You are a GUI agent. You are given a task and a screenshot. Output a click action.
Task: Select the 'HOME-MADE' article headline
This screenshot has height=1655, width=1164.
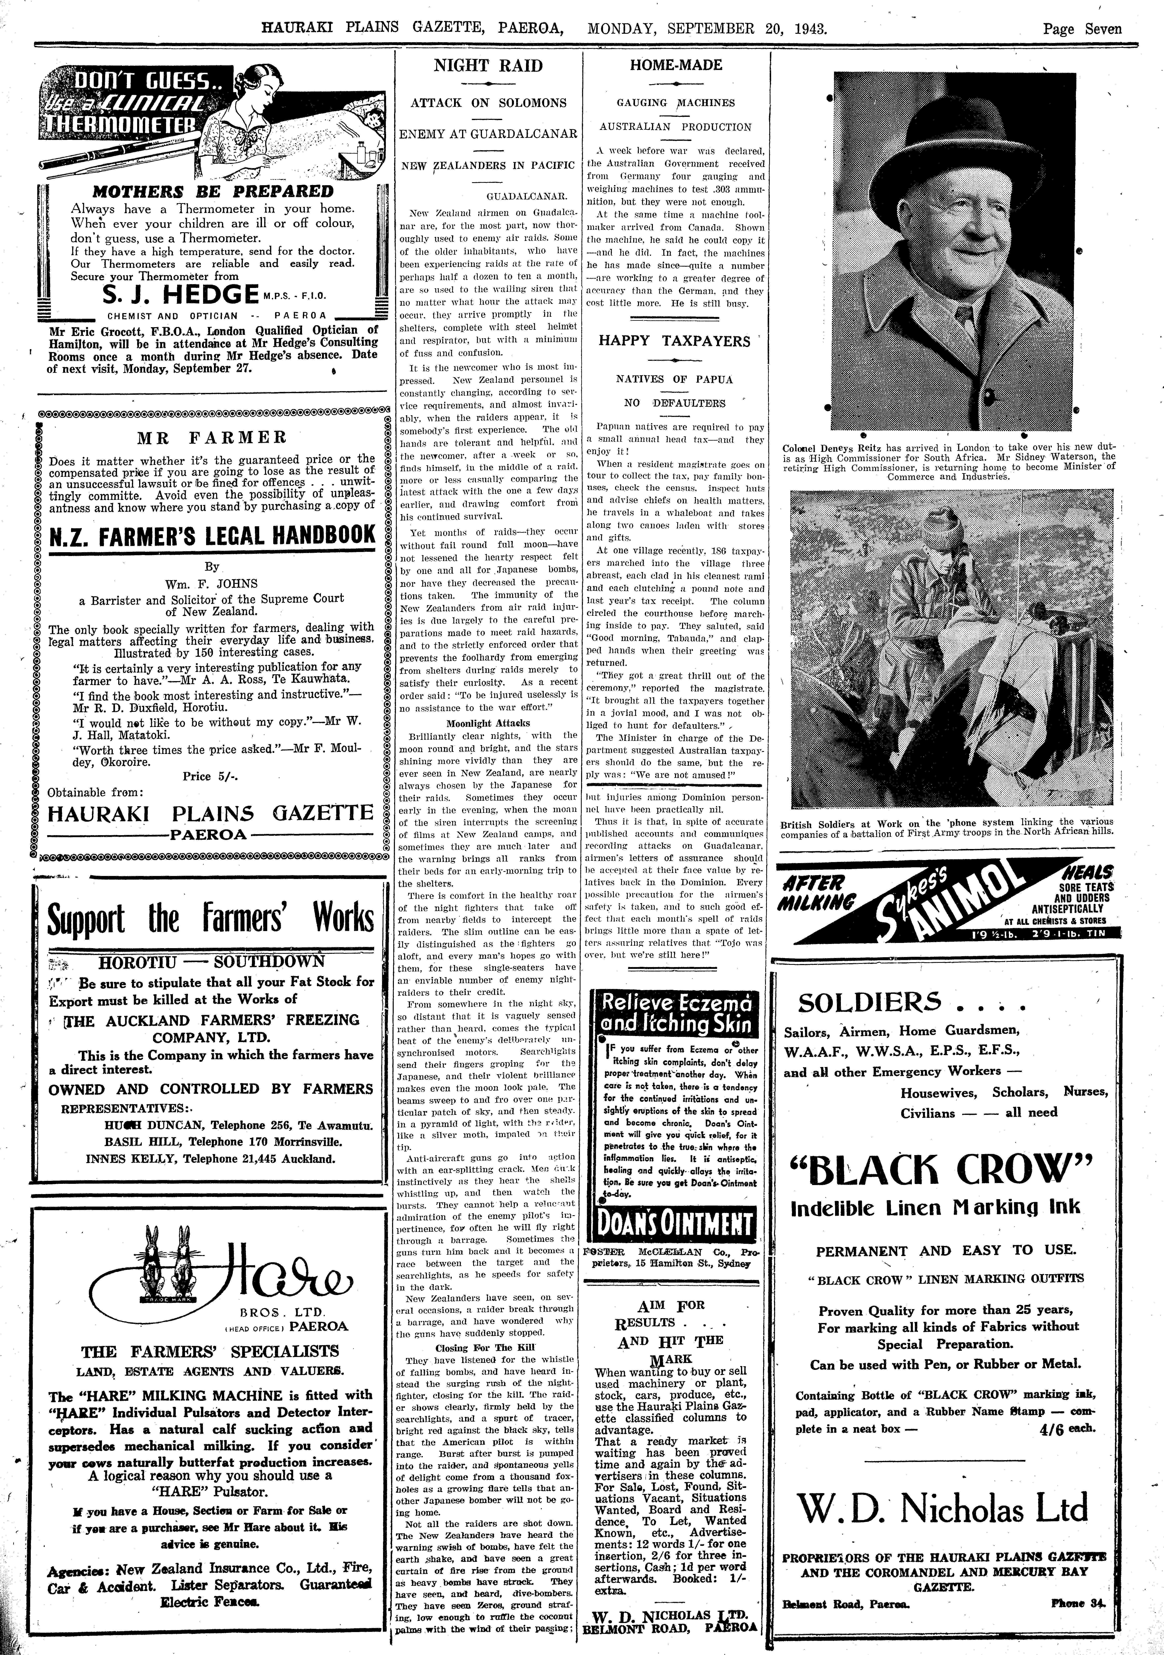pyautogui.click(x=675, y=65)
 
